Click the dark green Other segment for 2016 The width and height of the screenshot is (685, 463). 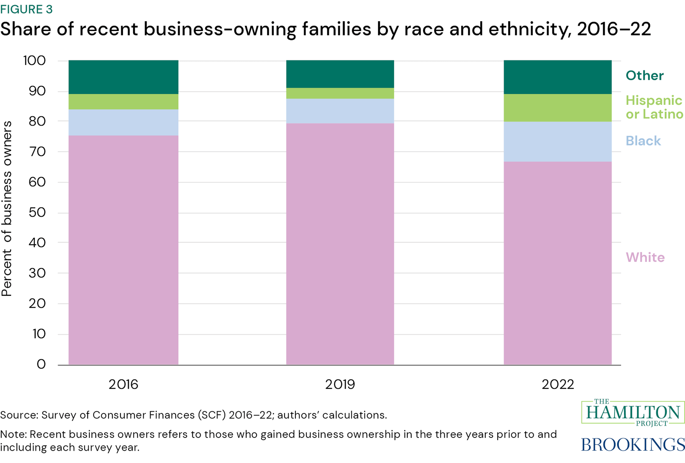tap(123, 77)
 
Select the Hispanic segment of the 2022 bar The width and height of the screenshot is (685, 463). tap(557, 108)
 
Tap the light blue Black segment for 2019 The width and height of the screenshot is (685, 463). tap(340, 111)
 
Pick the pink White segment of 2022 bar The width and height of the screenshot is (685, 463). tap(557, 263)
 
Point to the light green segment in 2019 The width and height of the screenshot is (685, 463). tap(340, 93)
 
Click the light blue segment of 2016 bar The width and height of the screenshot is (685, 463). tap(123, 122)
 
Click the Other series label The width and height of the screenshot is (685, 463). tap(644, 76)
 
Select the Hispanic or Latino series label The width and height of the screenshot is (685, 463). tap(654, 107)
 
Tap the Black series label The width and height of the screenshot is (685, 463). tap(643, 141)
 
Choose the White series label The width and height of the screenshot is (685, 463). tap(645, 257)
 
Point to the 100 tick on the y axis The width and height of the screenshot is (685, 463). tap(34, 61)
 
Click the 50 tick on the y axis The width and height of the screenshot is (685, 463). tap(37, 212)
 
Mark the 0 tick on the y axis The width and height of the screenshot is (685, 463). tap(41, 364)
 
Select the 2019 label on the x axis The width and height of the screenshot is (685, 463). tap(340, 384)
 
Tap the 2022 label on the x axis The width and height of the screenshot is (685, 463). tap(557, 384)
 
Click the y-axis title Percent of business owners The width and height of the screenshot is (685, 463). tap(7, 208)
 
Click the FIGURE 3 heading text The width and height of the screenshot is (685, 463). tap(26, 9)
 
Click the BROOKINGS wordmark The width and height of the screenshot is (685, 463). tap(632, 444)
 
